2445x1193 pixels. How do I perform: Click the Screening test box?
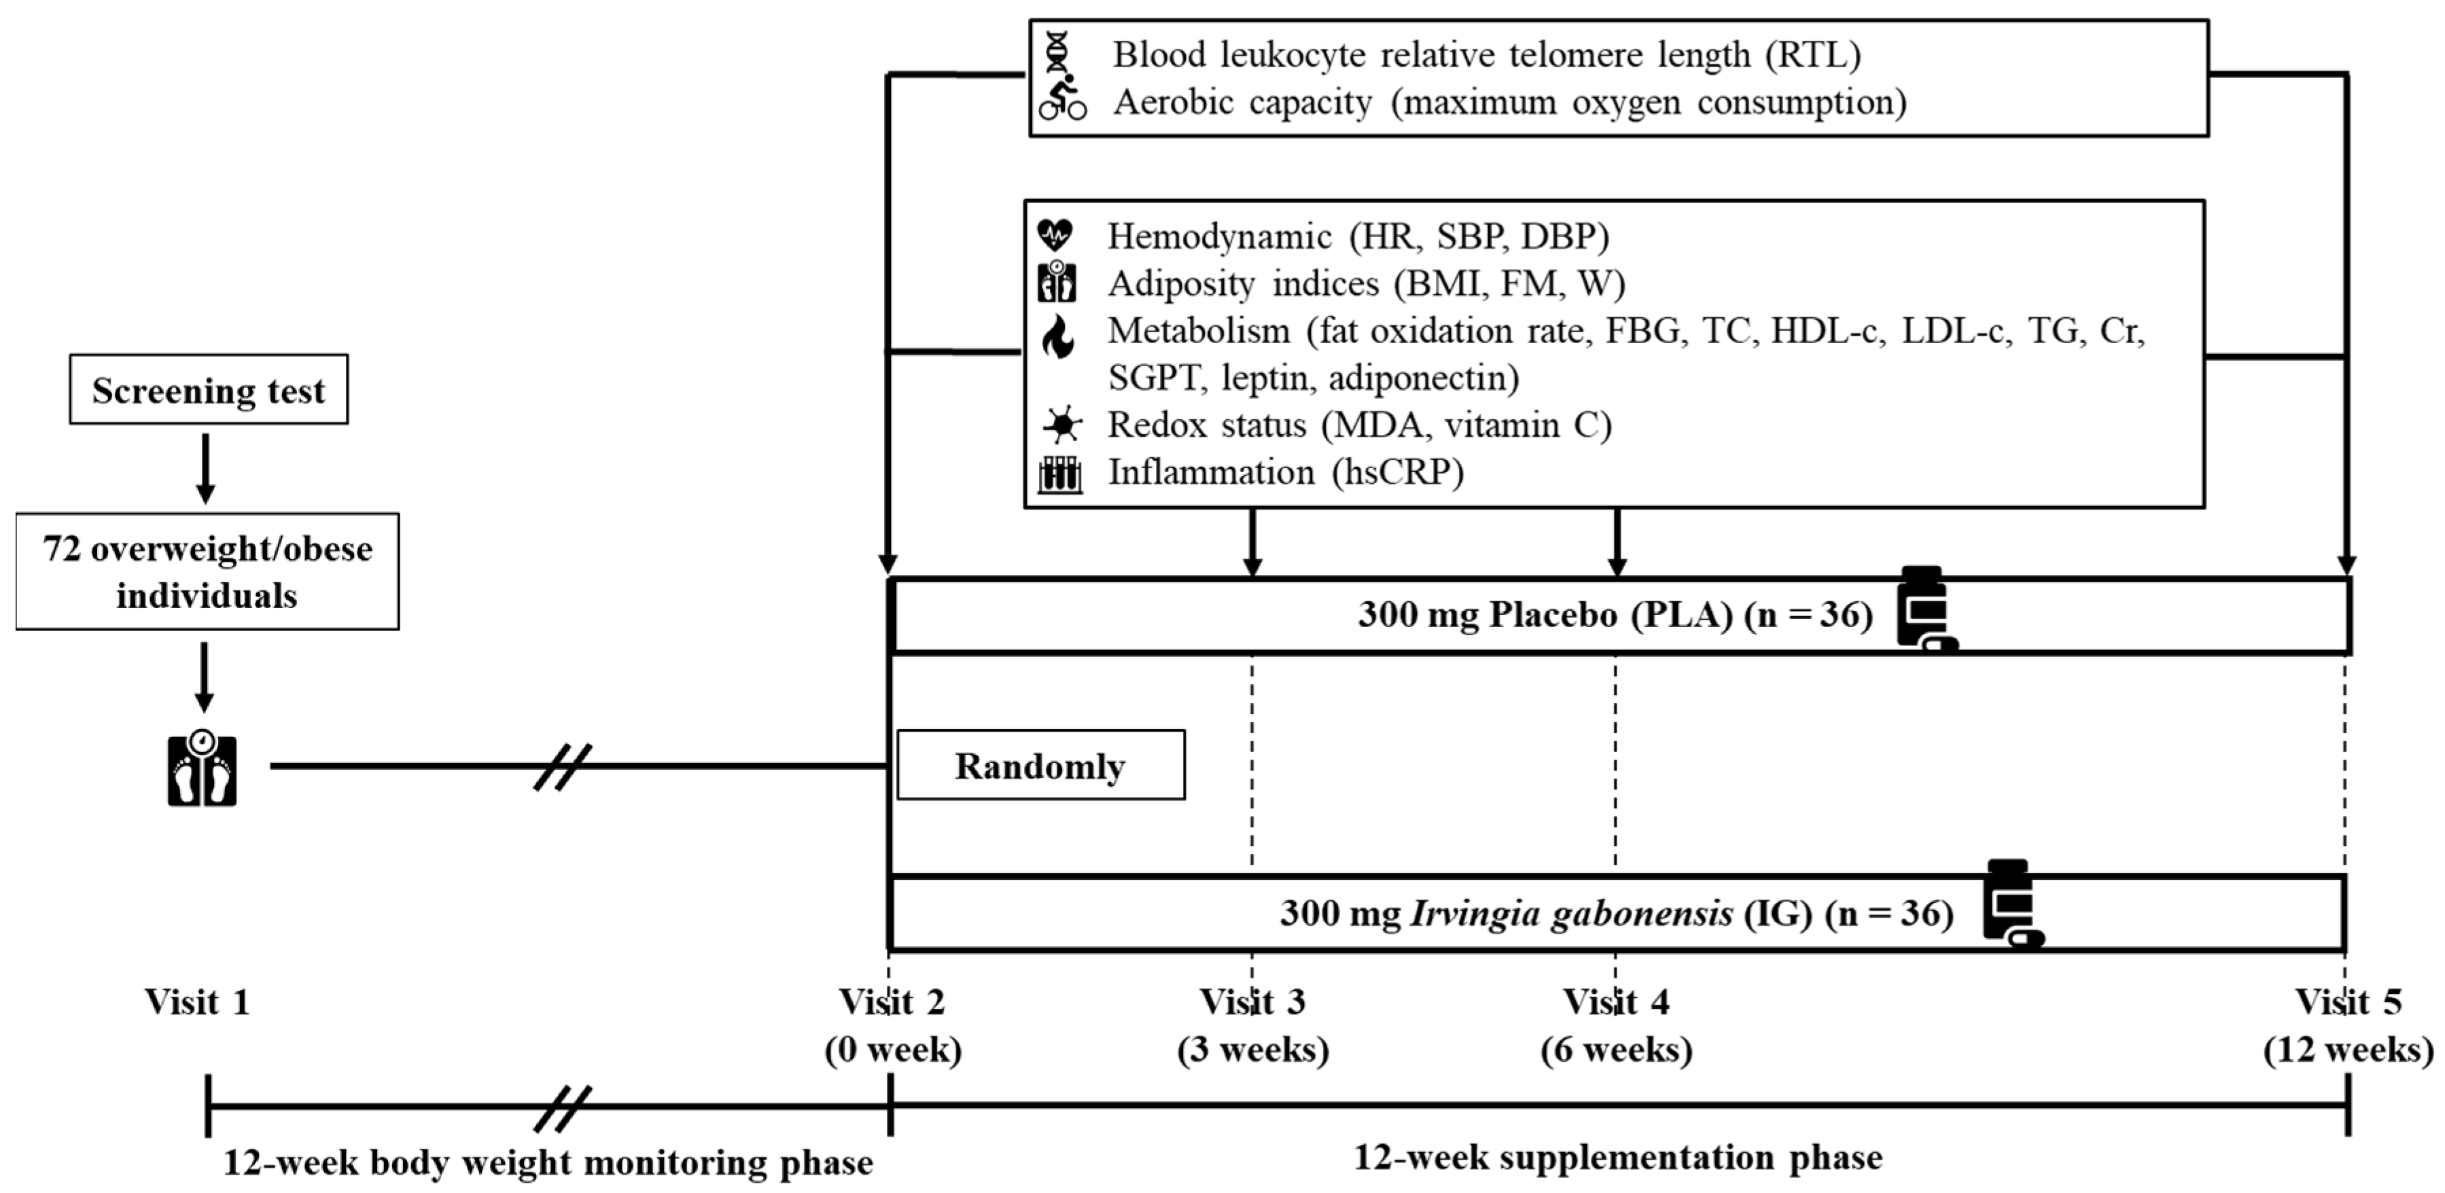[x=208, y=389]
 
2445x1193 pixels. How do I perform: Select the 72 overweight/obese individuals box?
[x=207, y=571]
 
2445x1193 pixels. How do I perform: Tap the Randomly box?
[x=1040, y=765]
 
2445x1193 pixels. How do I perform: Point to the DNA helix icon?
[x=1057, y=52]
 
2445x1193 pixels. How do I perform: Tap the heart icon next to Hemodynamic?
[x=1055, y=234]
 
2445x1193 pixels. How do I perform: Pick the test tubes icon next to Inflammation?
[x=1059, y=474]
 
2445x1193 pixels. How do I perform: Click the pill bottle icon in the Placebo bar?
[x=1924, y=609]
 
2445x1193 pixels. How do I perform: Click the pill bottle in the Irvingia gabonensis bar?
[x=2010, y=904]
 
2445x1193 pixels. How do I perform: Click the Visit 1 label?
[x=198, y=1001]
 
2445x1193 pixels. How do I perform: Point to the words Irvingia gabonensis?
[x=1572, y=913]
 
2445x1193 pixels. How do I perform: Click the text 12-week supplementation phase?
[x=1617, y=1157]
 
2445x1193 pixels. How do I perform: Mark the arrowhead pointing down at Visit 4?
[x=1617, y=567]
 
